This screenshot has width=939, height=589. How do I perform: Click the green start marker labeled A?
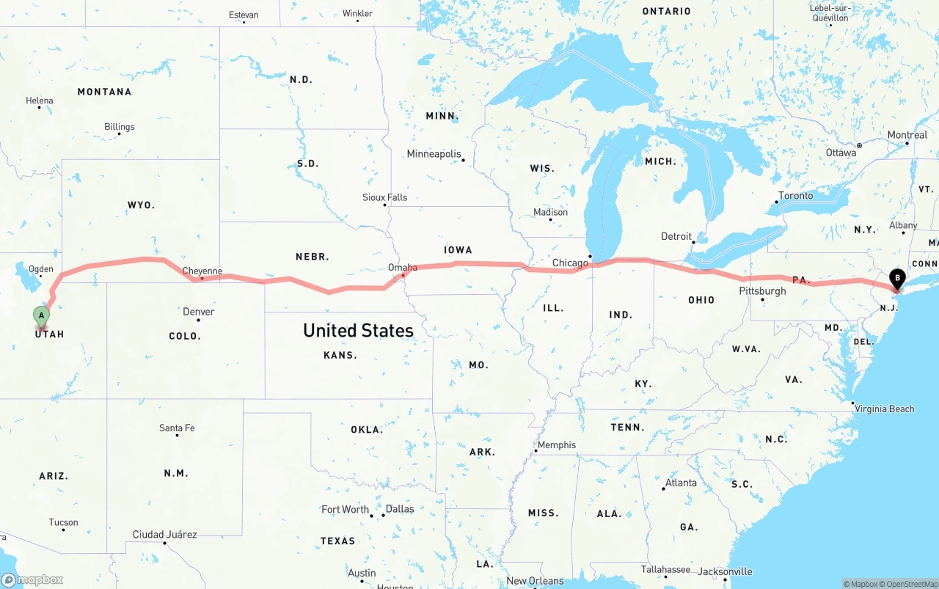click(42, 316)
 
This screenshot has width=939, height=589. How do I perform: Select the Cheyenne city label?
click(202, 271)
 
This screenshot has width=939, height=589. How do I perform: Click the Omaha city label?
click(402, 268)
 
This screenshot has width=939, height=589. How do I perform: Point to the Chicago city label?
click(570, 263)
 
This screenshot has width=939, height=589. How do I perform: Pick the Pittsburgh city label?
click(762, 291)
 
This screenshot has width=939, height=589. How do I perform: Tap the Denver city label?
click(199, 312)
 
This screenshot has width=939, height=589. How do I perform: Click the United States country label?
click(358, 331)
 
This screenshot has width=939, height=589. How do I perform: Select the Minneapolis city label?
click(434, 154)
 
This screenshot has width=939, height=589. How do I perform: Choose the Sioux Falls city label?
click(384, 197)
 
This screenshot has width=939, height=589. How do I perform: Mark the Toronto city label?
click(795, 196)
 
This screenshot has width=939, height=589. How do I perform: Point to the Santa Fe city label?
click(177, 428)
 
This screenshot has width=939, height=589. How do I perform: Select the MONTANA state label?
click(104, 92)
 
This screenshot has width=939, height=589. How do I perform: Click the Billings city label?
click(119, 127)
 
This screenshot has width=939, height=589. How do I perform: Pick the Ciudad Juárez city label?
click(164, 535)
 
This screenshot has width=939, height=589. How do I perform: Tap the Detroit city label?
click(676, 236)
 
